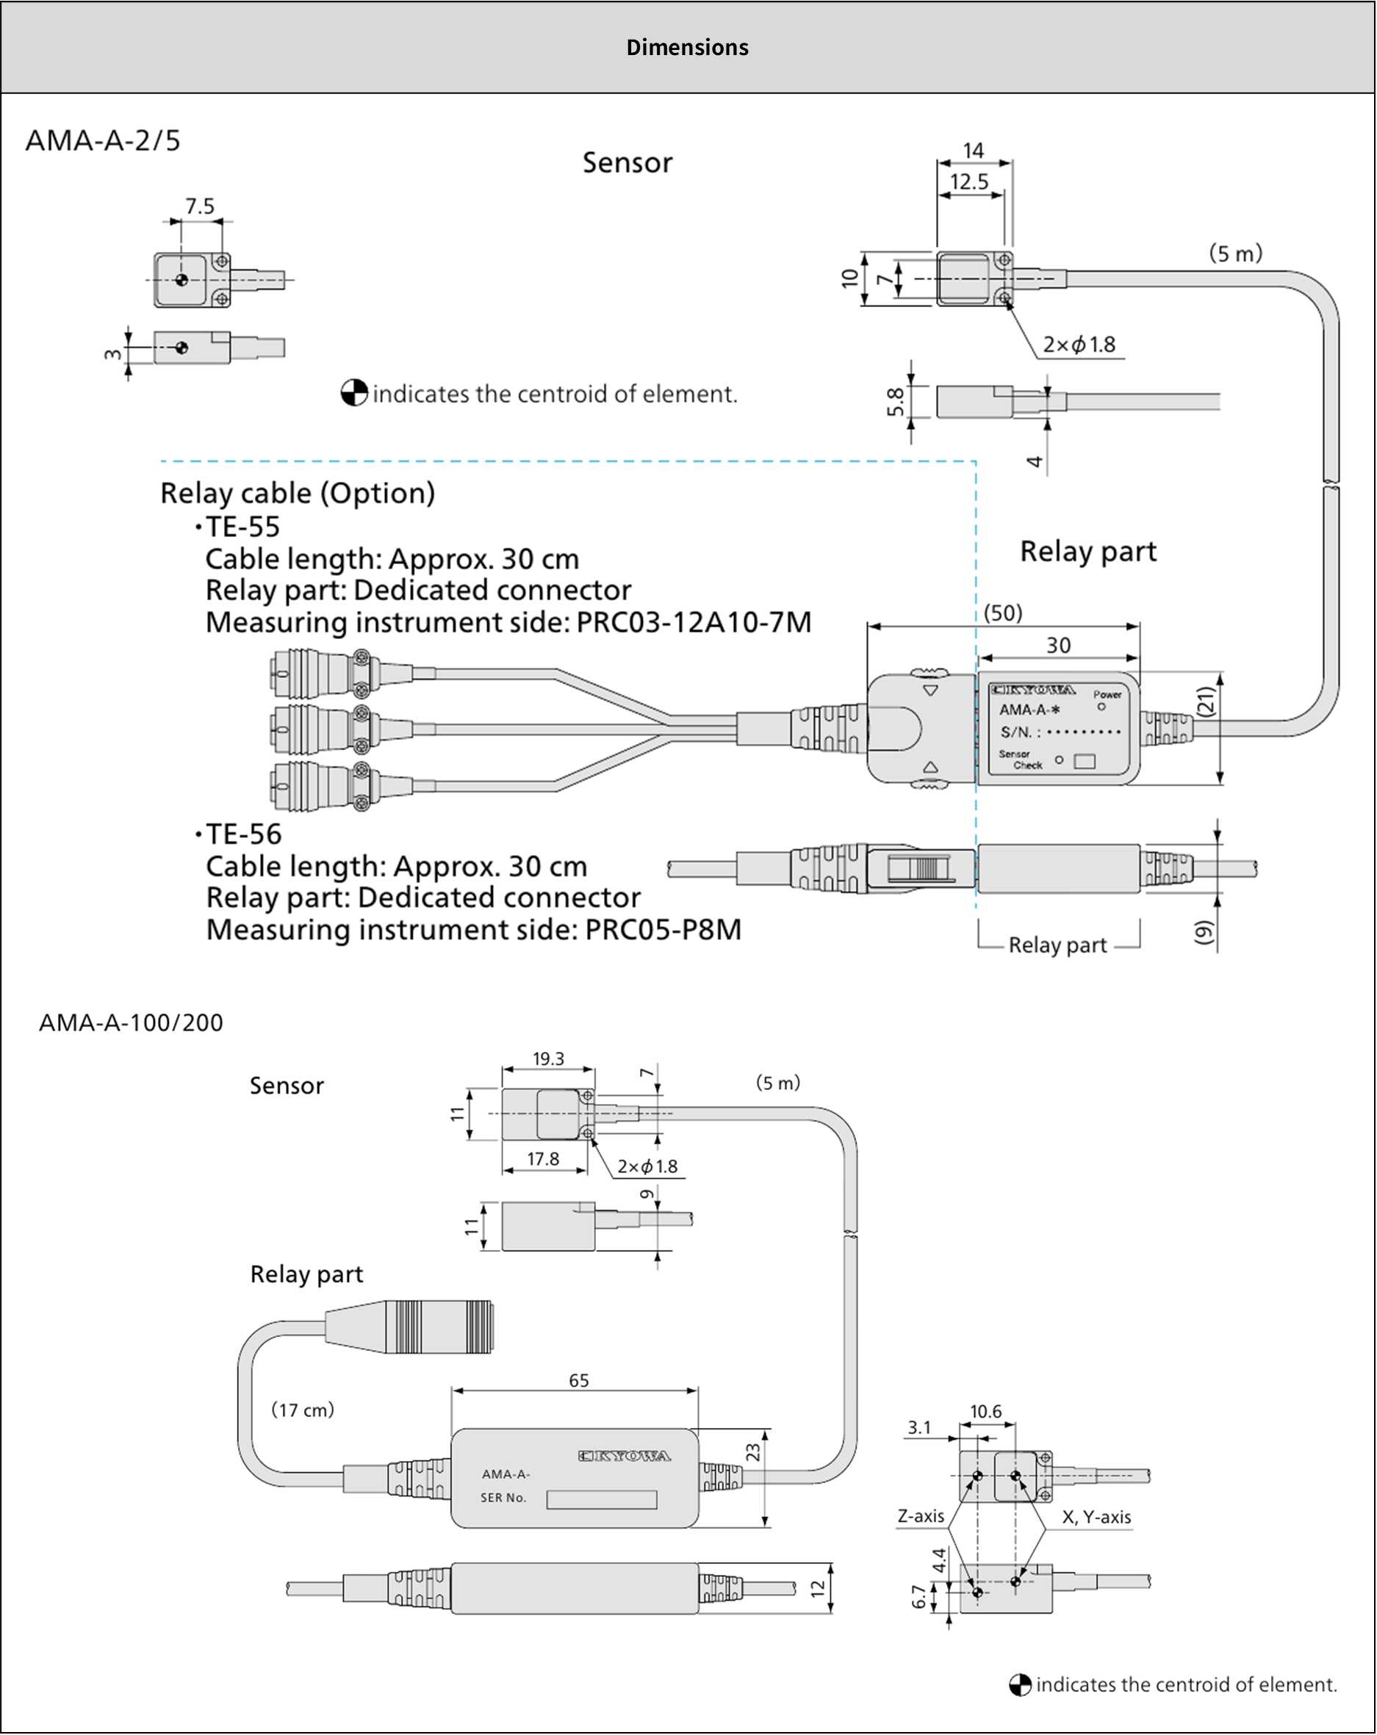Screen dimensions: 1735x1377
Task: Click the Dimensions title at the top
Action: [x=687, y=48]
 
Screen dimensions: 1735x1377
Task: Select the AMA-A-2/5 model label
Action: [x=103, y=141]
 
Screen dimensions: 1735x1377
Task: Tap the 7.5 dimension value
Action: [x=200, y=207]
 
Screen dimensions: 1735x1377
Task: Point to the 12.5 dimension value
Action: [x=969, y=182]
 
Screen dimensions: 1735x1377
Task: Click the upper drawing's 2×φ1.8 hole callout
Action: [x=1079, y=345]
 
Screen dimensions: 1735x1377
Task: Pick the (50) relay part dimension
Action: [x=1003, y=613]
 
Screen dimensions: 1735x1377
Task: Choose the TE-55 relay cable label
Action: [x=242, y=527]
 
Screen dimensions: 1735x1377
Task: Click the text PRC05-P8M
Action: [x=662, y=929]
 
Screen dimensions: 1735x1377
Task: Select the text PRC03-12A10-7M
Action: [x=694, y=622]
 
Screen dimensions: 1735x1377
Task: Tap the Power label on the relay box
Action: [x=1107, y=694]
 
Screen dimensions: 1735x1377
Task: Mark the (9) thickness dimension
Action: [x=1202, y=932]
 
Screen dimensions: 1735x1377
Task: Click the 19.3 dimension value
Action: [x=548, y=1059]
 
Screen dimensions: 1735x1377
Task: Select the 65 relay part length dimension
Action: [x=578, y=1380]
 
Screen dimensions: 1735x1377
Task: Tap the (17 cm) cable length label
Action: [x=303, y=1409]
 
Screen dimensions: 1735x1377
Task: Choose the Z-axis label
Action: [x=921, y=1516]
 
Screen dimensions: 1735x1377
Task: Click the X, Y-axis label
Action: [x=1096, y=1517]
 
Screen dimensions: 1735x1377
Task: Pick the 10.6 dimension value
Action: [x=985, y=1412]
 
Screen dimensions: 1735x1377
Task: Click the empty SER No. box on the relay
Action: [x=601, y=1499]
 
